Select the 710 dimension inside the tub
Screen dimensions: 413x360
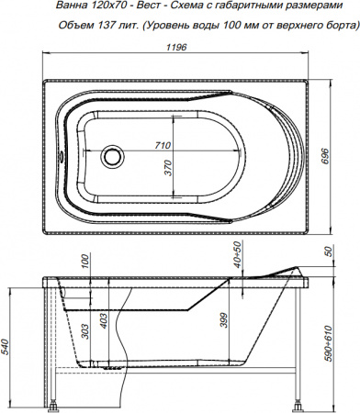click(x=163, y=145)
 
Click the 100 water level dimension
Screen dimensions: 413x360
click(x=84, y=262)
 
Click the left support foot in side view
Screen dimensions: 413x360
click(x=57, y=402)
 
